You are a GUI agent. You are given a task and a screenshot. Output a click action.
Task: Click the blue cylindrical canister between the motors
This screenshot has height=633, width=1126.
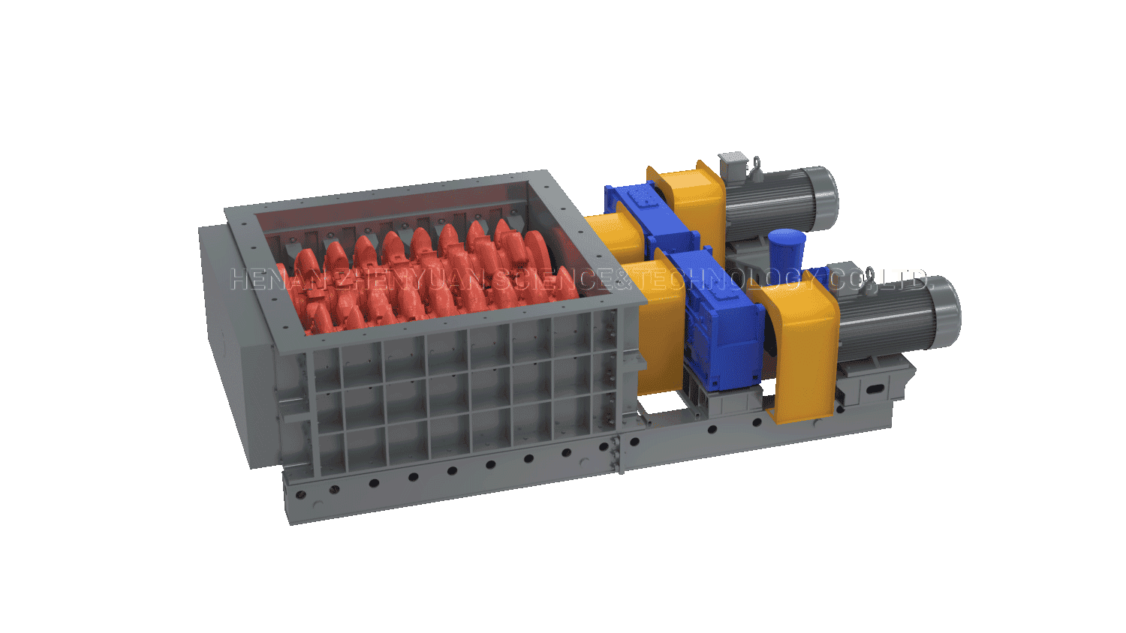786,251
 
